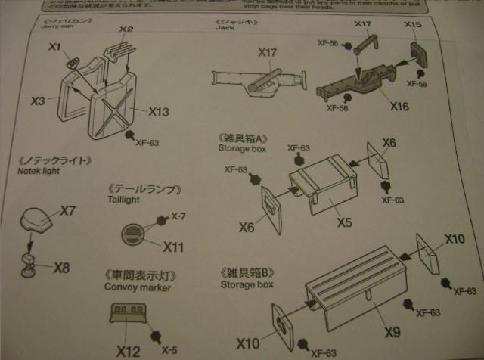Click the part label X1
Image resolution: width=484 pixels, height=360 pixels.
click(54, 46)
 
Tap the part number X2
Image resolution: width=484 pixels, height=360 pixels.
click(126, 29)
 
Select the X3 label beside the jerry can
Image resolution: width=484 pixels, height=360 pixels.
click(39, 99)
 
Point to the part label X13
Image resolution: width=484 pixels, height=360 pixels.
click(158, 112)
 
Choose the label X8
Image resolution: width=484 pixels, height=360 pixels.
click(61, 267)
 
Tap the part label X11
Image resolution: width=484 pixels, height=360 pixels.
click(173, 247)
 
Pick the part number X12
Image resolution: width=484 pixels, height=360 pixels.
click(128, 350)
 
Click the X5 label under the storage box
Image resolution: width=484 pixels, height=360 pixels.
click(344, 223)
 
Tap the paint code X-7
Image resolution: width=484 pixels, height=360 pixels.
click(178, 217)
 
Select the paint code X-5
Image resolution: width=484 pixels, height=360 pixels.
click(170, 350)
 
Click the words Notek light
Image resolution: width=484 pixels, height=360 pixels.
click(36, 172)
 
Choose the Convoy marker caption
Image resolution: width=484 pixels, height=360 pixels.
click(138, 287)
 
